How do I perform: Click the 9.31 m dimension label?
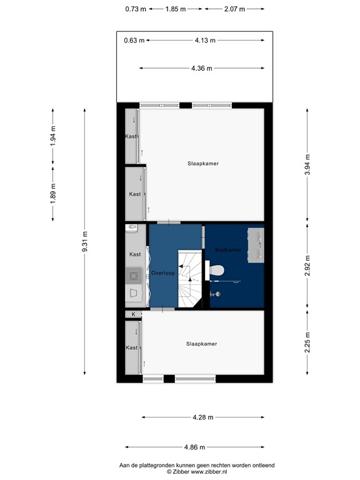(x=84, y=242)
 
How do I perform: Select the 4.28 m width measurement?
(x=202, y=417)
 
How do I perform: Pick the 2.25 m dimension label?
(x=307, y=342)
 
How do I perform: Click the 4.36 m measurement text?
(x=201, y=68)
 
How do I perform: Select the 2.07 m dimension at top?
(x=234, y=9)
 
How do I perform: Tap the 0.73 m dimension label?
(x=136, y=9)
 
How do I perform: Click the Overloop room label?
(x=162, y=273)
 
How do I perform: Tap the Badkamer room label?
(x=228, y=250)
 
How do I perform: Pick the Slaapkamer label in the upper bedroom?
(x=202, y=164)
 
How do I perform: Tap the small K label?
(x=133, y=314)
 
